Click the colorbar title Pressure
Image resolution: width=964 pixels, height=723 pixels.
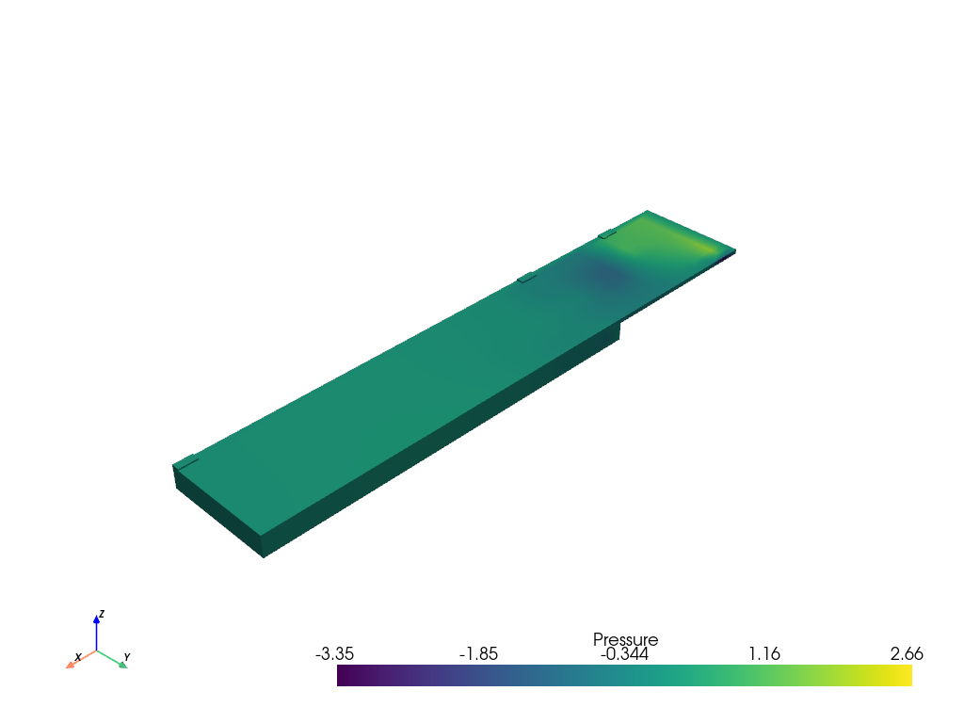coord(625,639)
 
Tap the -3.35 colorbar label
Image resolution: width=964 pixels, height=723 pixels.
coord(334,653)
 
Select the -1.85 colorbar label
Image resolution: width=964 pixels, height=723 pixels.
coord(478,653)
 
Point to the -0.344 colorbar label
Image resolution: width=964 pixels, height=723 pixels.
coord(624,653)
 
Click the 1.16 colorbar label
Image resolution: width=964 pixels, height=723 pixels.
coord(764,653)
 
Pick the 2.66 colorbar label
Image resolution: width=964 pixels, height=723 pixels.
coord(907,653)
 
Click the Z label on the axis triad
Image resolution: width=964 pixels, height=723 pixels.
coord(102,614)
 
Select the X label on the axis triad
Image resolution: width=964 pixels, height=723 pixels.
coord(78,657)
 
